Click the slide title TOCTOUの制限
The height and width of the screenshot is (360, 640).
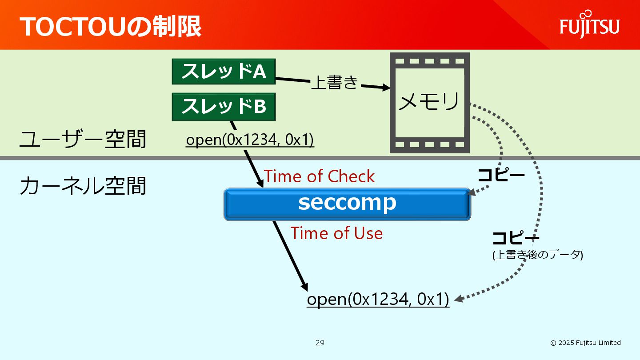click(x=110, y=27)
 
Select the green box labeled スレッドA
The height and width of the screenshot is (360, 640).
click(x=224, y=72)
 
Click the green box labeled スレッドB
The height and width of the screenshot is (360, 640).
click(x=224, y=107)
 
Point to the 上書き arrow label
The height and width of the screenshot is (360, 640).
click(x=334, y=83)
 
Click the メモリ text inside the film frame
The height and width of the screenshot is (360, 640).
click(x=428, y=102)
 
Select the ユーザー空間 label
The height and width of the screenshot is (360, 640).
click(x=83, y=140)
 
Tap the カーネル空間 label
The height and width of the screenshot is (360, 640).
click(x=83, y=186)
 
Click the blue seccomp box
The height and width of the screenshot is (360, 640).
click(x=347, y=204)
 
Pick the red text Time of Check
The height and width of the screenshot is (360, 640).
click(x=320, y=176)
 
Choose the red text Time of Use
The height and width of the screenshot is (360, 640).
click(x=336, y=233)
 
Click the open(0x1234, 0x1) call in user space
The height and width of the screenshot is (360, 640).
click(x=250, y=140)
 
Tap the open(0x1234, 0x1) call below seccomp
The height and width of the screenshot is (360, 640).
click(x=378, y=299)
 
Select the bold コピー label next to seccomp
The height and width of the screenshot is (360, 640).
click(x=501, y=175)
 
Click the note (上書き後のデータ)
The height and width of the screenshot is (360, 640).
click(x=537, y=255)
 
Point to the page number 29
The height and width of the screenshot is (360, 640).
click(x=320, y=343)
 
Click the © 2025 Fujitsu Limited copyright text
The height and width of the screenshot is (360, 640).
click(x=585, y=343)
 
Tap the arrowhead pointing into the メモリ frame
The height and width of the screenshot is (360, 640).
click(x=384, y=88)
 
